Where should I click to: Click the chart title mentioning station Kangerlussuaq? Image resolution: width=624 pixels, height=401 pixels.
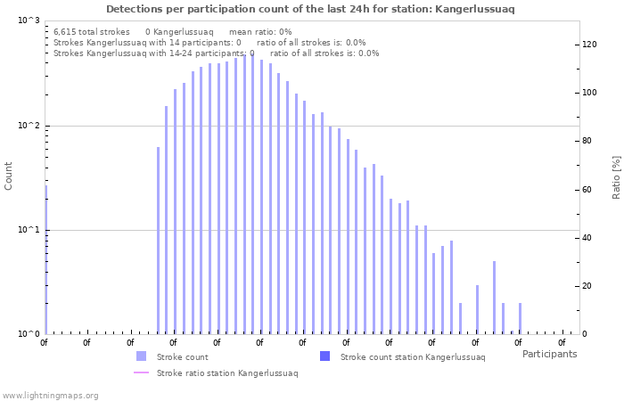(x=310, y=9)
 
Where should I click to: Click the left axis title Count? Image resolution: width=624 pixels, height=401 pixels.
(x=9, y=176)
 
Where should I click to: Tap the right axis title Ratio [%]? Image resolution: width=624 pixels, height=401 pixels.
(x=616, y=176)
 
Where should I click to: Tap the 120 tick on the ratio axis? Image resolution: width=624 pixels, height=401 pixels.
(x=589, y=45)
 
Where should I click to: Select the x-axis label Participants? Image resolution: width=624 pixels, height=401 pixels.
(x=549, y=354)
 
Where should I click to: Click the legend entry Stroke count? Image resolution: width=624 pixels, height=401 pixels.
(x=182, y=356)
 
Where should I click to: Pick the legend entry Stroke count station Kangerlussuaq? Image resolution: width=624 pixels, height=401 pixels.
(x=412, y=356)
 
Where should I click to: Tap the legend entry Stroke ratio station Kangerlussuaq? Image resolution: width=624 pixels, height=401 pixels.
(x=226, y=373)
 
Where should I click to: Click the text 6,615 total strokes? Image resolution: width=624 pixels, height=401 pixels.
(x=91, y=31)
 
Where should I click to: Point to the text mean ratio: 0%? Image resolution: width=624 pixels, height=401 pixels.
(x=260, y=31)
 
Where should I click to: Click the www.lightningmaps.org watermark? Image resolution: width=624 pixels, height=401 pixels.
(x=50, y=395)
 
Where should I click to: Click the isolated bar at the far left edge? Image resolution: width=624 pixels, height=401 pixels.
(x=45, y=258)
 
